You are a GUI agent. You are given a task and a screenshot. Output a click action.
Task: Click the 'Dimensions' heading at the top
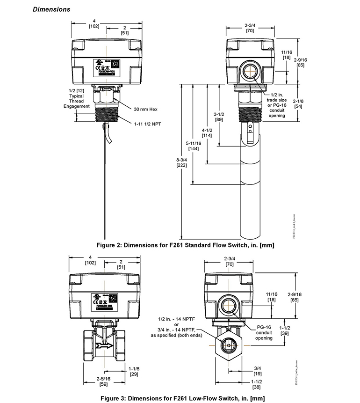point(51,9)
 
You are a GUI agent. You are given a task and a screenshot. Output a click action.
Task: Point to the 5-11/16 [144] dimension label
point(194,146)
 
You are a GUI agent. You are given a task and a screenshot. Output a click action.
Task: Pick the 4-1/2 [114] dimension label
point(207,132)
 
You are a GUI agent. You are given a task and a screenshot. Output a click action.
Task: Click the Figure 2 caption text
point(185,244)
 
